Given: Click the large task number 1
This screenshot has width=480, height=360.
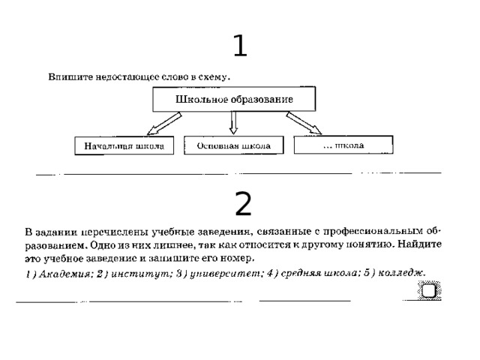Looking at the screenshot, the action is [x=240, y=46].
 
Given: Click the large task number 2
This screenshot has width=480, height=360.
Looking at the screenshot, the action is [x=243, y=203].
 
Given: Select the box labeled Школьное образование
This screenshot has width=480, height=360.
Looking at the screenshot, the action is [x=234, y=99].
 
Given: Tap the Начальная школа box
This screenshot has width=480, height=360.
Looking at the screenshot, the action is [x=124, y=145].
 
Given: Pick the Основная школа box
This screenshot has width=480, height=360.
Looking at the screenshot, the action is [x=233, y=145].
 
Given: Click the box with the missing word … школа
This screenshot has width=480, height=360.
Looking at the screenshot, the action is [x=343, y=145].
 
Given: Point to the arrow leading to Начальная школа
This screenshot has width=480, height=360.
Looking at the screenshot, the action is [x=164, y=123].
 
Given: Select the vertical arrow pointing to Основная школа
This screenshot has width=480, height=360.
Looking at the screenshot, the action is [x=233, y=123].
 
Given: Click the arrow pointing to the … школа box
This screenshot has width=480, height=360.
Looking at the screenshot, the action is [x=304, y=123].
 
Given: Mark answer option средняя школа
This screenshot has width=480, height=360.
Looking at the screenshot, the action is [x=319, y=273].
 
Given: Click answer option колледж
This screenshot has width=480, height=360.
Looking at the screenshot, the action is [x=402, y=272].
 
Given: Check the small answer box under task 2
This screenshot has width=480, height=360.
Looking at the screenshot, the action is [x=429, y=290].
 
